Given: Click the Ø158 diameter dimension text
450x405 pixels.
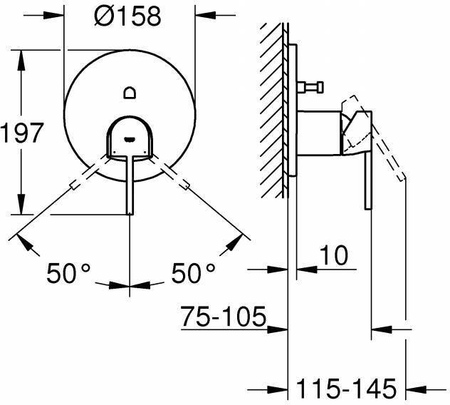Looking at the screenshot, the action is click(x=127, y=16).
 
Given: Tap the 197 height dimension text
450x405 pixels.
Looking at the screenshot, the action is click(x=22, y=133).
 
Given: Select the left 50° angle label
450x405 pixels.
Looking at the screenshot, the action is click(x=68, y=273).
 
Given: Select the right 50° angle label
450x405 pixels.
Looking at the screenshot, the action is click(x=193, y=273).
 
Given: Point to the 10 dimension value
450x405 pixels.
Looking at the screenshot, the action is click(x=333, y=255).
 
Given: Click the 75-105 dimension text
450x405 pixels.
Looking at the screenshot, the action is click(x=224, y=317).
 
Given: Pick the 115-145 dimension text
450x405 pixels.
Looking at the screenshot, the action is click(x=346, y=389).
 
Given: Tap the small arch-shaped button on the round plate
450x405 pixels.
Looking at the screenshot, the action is click(x=130, y=93).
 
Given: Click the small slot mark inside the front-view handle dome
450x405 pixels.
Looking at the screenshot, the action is click(x=130, y=140).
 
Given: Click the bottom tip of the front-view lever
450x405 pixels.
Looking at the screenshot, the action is click(x=130, y=214).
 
